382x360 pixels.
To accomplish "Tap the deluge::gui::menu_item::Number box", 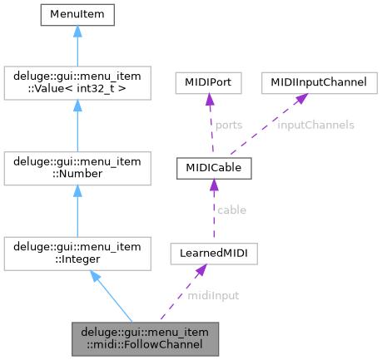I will (77, 168).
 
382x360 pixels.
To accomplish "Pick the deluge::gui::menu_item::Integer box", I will (77, 252).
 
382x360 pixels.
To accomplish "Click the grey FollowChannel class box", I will (146, 338).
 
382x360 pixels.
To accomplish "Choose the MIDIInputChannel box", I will (308, 85).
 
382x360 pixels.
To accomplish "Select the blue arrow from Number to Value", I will (77, 125).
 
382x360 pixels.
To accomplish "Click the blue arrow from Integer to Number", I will (77, 210).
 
